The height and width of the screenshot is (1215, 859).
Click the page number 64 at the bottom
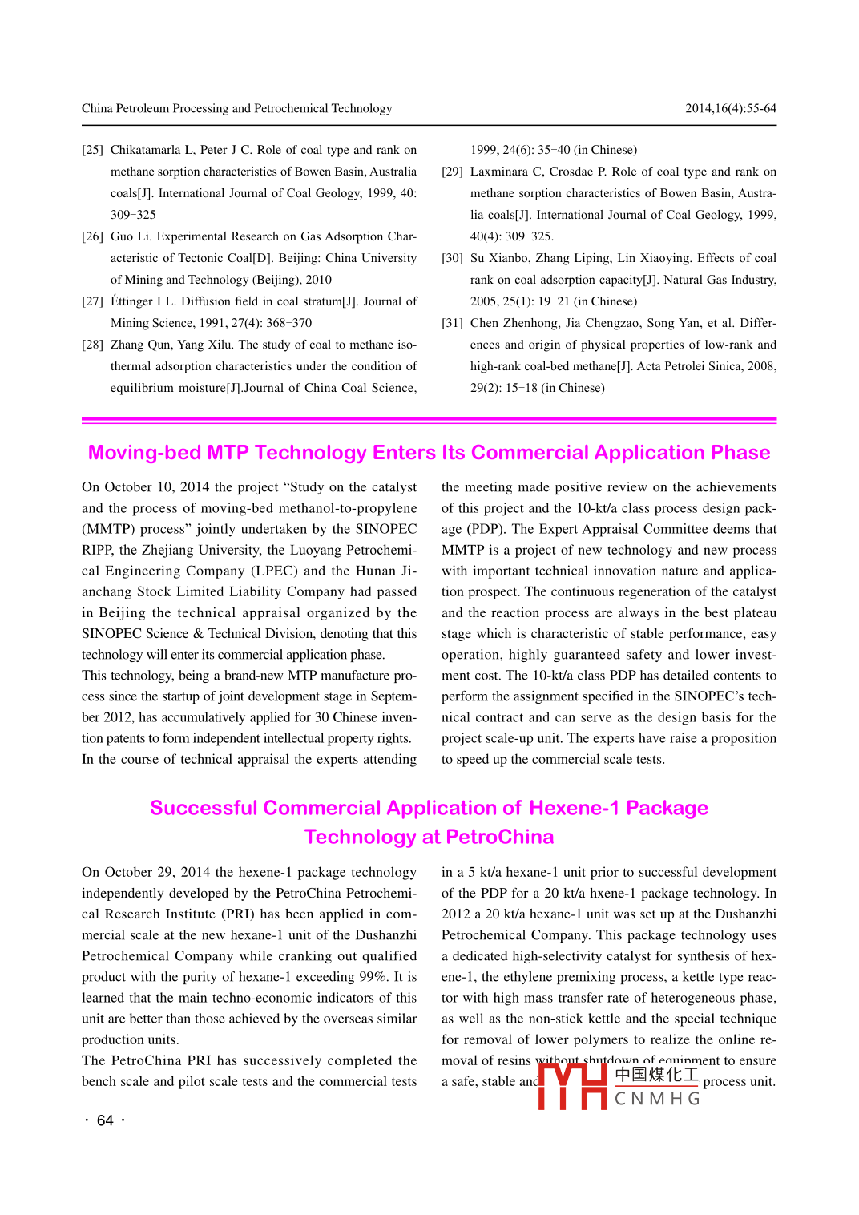click(x=105, y=1120)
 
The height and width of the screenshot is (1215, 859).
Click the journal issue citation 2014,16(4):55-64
click(x=730, y=108)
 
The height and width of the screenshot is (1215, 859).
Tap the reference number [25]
click(x=92, y=150)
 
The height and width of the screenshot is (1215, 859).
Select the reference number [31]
click(x=452, y=323)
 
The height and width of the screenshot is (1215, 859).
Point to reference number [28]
click(x=92, y=345)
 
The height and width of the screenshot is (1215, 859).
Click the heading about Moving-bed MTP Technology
click(x=429, y=453)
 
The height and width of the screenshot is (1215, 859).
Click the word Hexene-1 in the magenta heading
click(x=574, y=808)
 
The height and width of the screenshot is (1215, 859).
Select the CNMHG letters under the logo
click(x=657, y=1099)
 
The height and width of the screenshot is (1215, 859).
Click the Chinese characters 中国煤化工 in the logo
click(x=656, y=1075)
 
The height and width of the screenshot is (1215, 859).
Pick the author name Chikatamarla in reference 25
click(x=145, y=150)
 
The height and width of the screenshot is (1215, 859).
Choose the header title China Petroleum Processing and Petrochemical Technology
click(x=236, y=108)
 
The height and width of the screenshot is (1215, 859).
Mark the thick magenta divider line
click(x=429, y=419)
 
